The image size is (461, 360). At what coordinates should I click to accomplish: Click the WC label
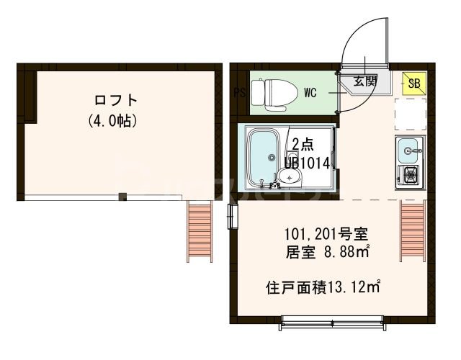[310, 93]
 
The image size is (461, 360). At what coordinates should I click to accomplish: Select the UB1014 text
[307, 163]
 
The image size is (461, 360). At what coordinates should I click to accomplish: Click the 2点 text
[303, 143]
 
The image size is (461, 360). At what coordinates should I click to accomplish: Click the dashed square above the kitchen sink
[410, 114]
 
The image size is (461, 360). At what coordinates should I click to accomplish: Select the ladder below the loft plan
[198, 230]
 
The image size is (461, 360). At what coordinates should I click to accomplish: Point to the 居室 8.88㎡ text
[327, 252]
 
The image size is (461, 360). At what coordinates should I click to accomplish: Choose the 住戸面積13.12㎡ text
[322, 287]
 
